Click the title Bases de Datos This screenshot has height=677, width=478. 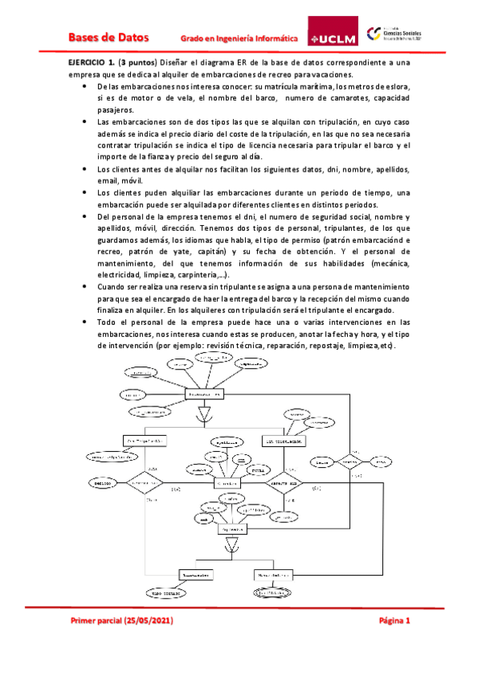(102, 37)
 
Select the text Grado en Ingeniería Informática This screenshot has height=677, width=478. (239, 38)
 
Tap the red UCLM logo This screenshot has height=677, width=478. (334, 37)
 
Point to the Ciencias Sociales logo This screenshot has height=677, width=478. (398, 34)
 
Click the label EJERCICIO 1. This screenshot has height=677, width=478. (89, 61)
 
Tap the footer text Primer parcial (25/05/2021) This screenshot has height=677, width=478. (122, 620)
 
